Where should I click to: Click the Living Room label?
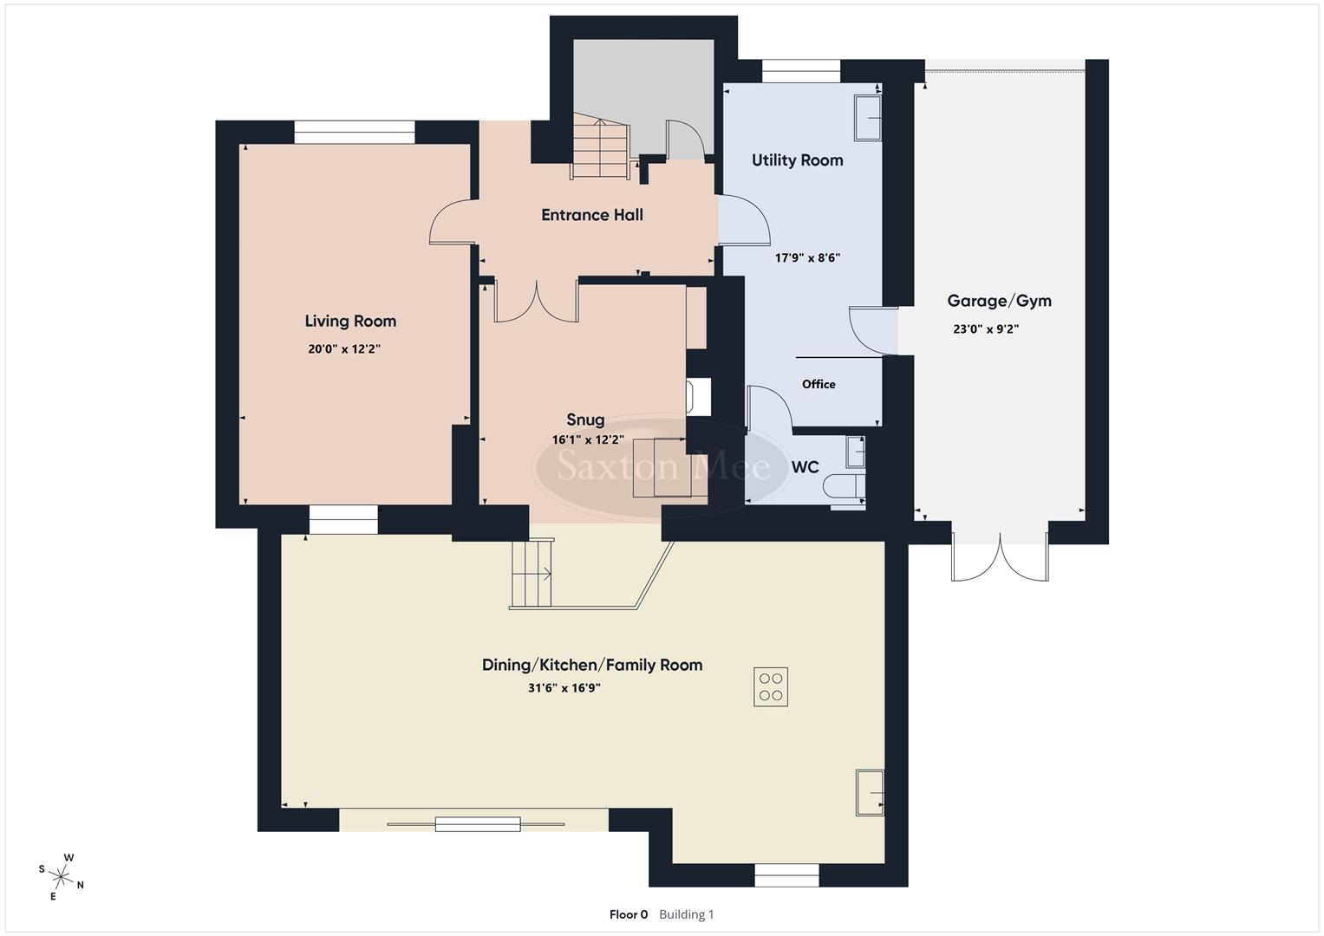coord(350,321)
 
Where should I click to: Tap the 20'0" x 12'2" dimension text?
coord(344,349)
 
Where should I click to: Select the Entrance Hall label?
coord(592,215)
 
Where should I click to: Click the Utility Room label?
coord(797,160)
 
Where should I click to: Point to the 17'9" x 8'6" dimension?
coord(807,257)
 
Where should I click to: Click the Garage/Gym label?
coord(999,301)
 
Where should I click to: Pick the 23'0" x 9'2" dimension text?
coord(986,329)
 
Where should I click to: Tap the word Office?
coord(819,384)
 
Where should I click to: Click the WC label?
coord(805,467)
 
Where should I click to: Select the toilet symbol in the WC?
coord(842,487)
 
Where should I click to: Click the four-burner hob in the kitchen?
coord(771,687)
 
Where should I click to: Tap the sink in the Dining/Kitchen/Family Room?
coord(870,792)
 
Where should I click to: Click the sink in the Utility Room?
coord(867,118)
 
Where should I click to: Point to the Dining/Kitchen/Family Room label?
coord(592,665)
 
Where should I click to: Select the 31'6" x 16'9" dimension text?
coord(564,688)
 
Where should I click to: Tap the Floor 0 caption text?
coord(629,914)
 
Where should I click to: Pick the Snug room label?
coord(585,420)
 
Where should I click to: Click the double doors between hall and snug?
coord(537,302)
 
